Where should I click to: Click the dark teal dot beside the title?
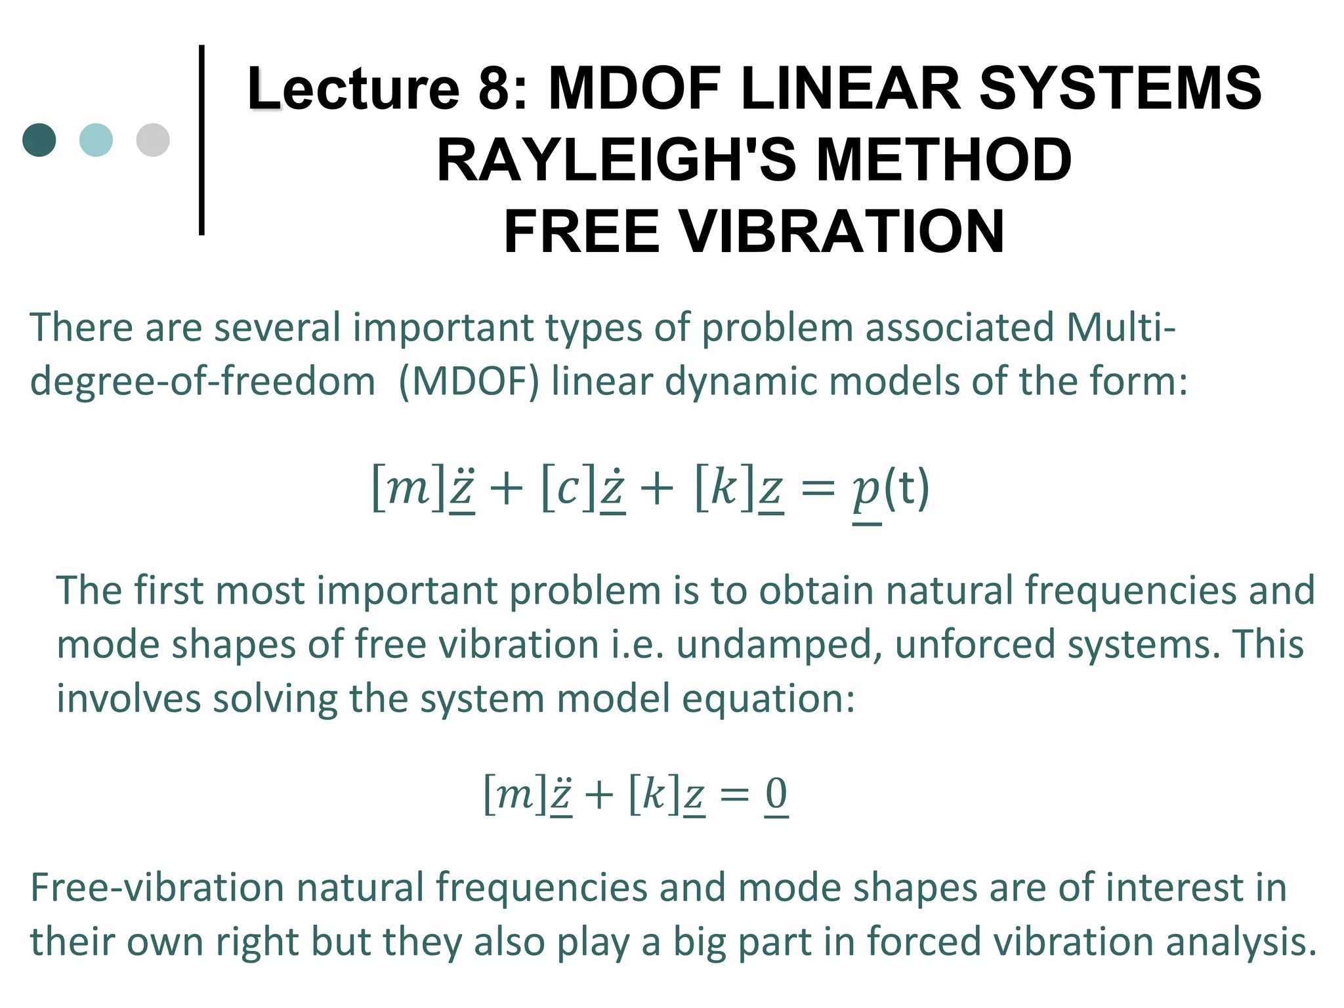(39, 140)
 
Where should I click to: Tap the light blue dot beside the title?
(96, 140)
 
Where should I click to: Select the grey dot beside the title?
(153, 140)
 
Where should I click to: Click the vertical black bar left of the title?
(201, 140)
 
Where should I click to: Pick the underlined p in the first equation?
(866, 492)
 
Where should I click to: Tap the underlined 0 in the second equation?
(776, 795)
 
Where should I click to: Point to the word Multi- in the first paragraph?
(1121, 327)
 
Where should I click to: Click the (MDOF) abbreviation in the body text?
(469, 381)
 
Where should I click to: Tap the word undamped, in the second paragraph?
(780, 644)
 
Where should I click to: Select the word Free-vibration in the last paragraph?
(157, 888)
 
